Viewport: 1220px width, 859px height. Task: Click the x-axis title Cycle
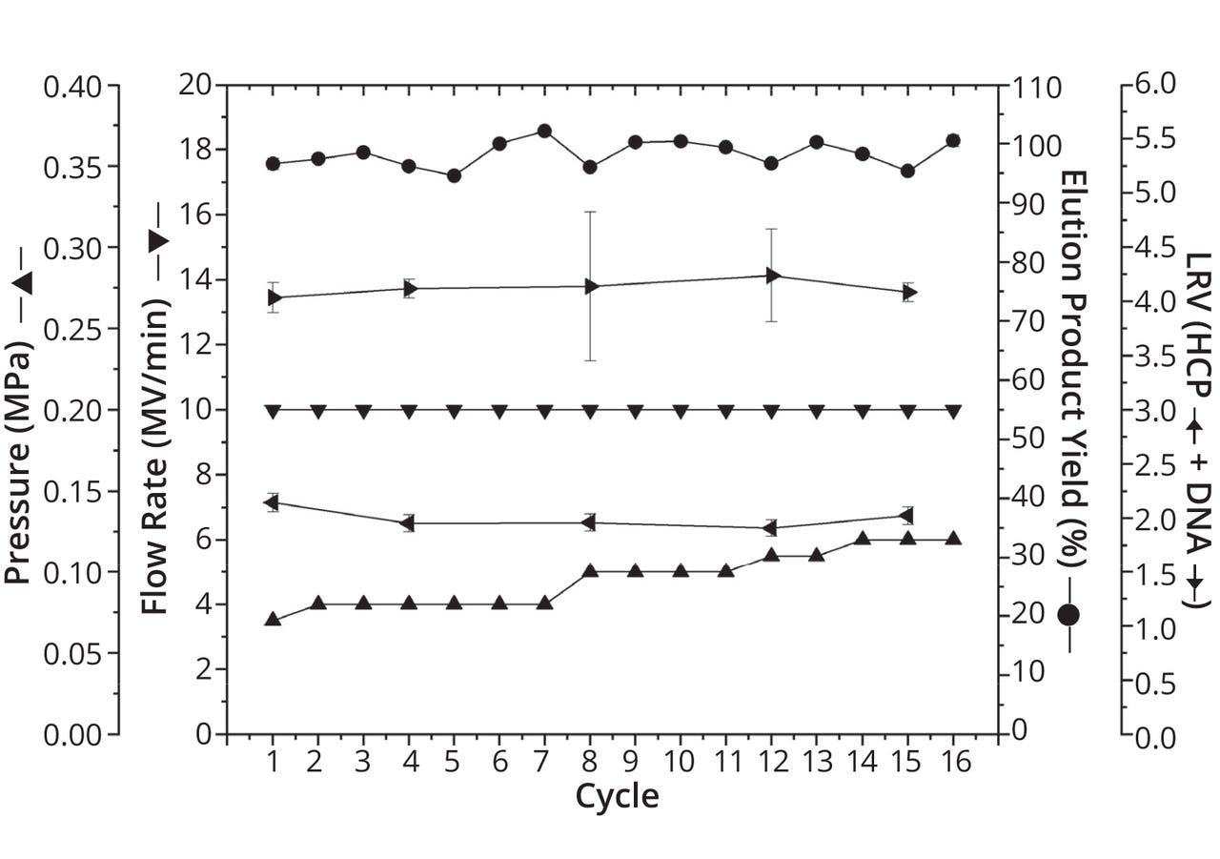coord(616,796)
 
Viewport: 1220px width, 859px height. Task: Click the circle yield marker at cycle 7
coord(544,131)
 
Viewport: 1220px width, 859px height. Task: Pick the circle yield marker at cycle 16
coord(952,140)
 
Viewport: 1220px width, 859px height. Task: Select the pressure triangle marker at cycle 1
coord(273,620)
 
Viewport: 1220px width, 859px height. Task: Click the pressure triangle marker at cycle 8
coord(590,571)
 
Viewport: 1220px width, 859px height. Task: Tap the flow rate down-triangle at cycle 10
coord(681,411)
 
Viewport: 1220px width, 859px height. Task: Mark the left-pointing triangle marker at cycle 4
coord(408,522)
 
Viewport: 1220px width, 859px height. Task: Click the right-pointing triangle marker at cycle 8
coord(591,286)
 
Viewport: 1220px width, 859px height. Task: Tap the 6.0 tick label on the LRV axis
coord(1154,86)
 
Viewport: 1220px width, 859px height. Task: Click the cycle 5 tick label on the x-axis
coord(454,761)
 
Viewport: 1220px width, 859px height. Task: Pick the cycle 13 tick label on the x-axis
coord(816,761)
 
